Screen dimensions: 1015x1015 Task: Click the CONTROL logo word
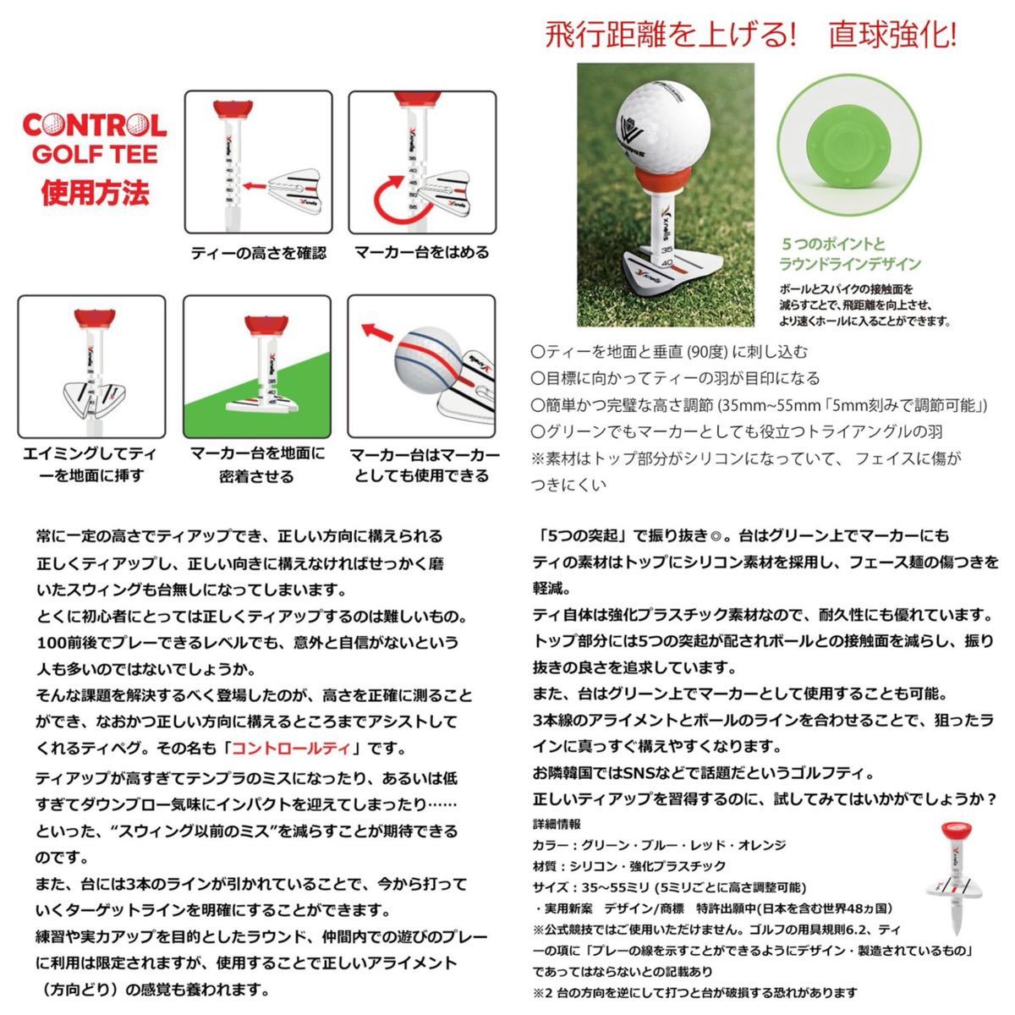tap(94, 126)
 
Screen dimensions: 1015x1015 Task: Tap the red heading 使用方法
tap(95, 192)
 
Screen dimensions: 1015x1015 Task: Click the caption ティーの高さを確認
tap(258, 253)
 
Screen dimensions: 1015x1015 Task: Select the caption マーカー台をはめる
tap(421, 252)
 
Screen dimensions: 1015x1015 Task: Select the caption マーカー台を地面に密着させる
tap(257, 464)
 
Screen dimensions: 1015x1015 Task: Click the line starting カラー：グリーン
tap(660, 845)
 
